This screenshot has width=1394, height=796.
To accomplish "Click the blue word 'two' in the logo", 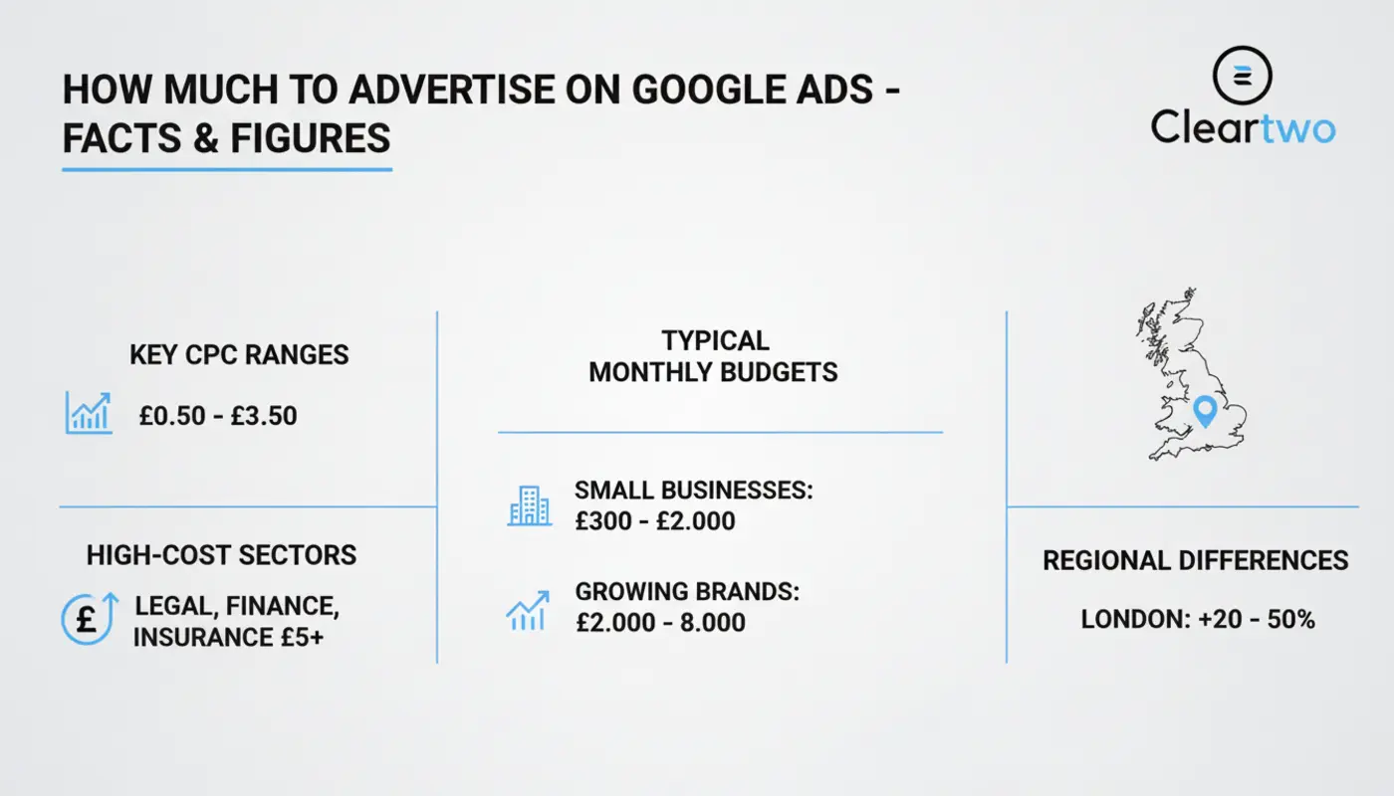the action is click(x=1297, y=128).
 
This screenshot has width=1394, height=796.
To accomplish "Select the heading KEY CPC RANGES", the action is click(x=239, y=355).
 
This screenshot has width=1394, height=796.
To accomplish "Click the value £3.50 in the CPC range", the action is click(x=264, y=416).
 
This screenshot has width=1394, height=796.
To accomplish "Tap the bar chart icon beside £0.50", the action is click(x=89, y=412).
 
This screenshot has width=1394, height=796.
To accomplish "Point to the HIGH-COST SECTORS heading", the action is click(x=221, y=555).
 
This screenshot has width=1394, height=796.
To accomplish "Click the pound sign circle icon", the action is click(x=90, y=618).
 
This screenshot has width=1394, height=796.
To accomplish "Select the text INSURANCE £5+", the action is click(x=228, y=638).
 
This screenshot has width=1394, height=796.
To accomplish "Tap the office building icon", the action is click(x=529, y=506).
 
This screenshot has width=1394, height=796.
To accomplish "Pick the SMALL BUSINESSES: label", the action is click(x=694, y=490).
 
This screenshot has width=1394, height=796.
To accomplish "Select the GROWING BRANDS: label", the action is click(x=687, y=592).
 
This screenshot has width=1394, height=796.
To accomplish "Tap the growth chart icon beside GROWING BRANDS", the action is click(x=528, y=611).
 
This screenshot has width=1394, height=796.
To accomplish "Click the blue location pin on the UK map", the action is click(x=1205, y=410).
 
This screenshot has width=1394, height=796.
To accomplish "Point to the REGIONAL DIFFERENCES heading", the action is click(x=1196, y=561).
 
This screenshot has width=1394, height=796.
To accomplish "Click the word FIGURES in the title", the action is click(x=311, y=138).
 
